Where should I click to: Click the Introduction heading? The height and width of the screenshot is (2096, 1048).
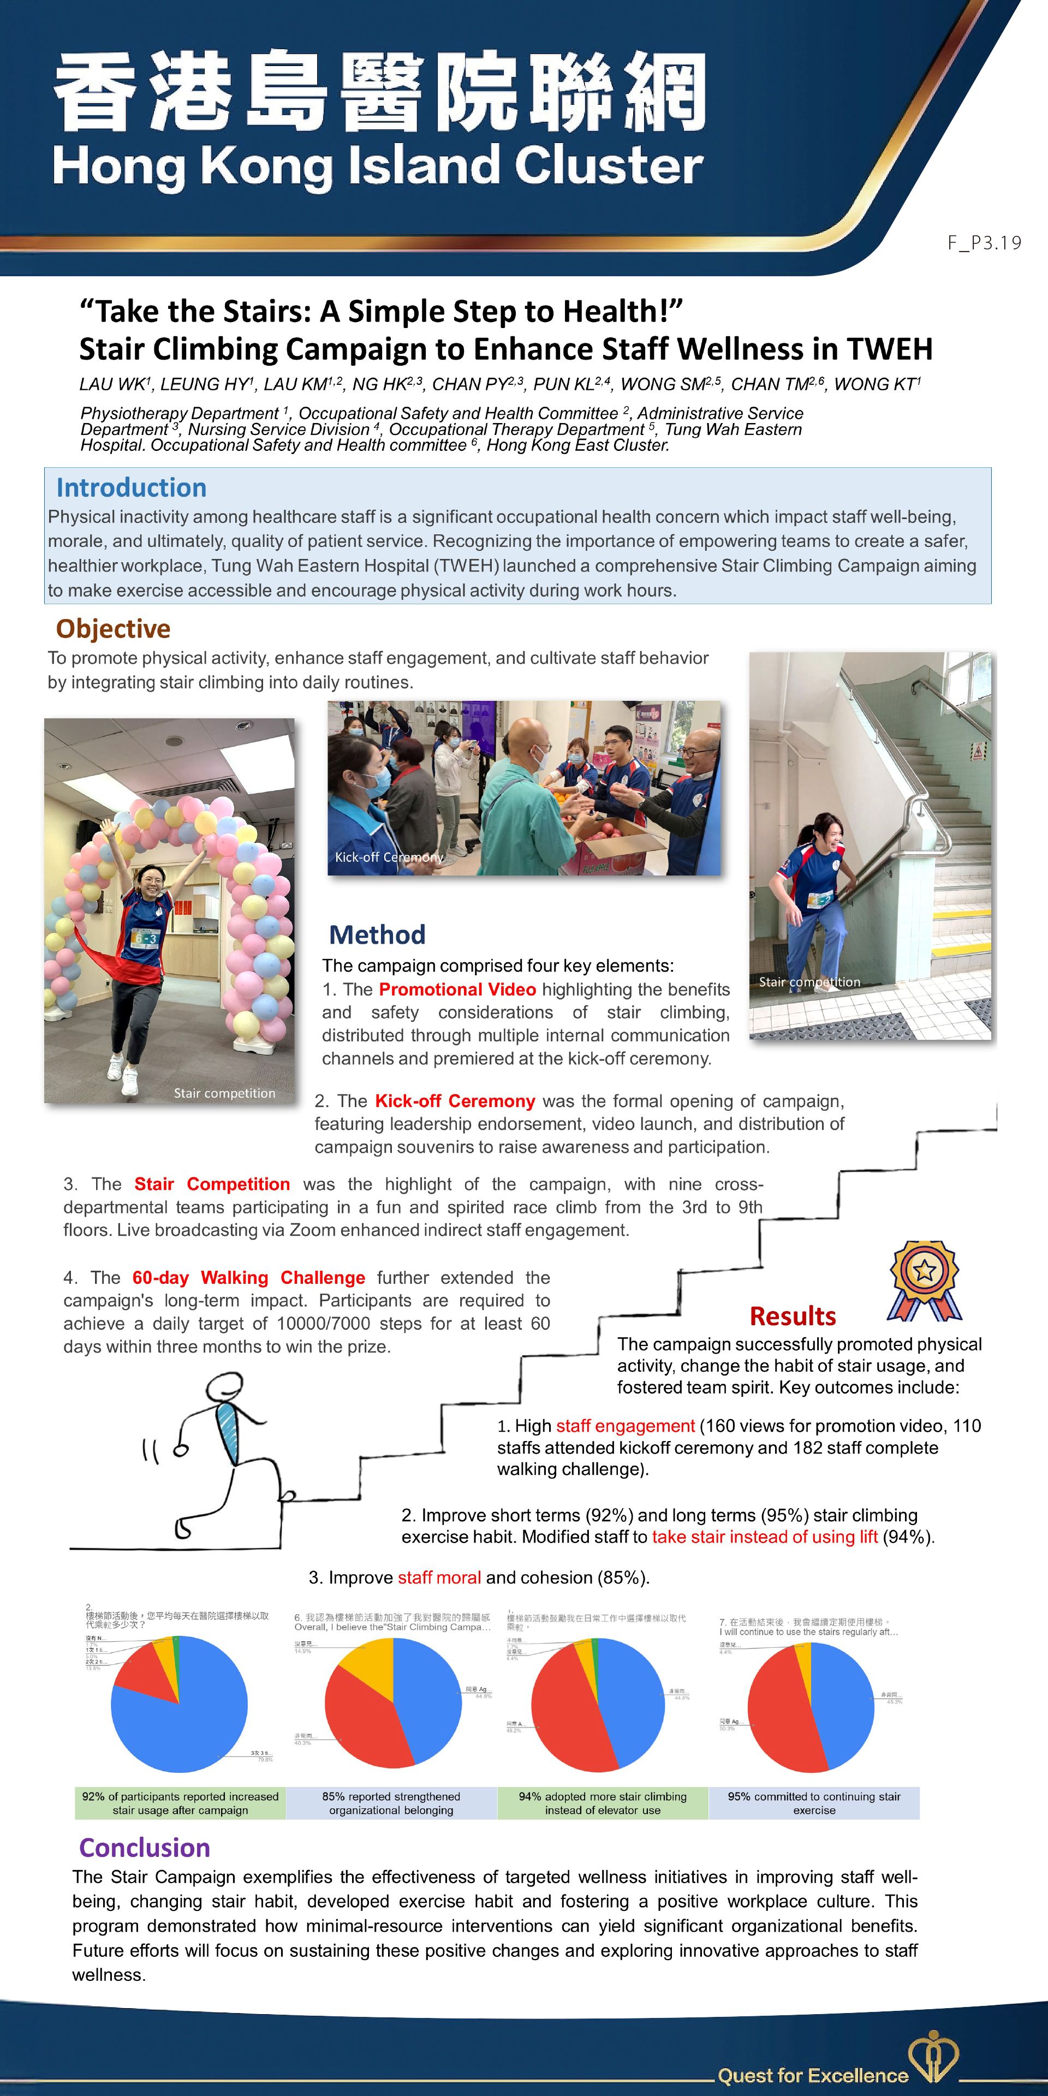pyautogui.click(x=131, y=487)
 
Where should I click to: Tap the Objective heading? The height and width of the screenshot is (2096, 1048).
pyautogui.click(x=113, y=628)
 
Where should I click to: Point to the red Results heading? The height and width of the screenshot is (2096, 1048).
pyautogui.click(x=793, y=1315)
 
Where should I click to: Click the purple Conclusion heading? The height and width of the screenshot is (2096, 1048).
pyautogui.click(x=145, y=1847)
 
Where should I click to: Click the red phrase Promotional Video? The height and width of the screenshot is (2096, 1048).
pyautogui.click(x=457, y=990)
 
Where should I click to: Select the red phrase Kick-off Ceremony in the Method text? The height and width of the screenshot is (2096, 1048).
pyautogui.click(x=455, y=1101)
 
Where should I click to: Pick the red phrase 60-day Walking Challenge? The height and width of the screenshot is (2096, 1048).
pyautogui.click(x=249, y=1277)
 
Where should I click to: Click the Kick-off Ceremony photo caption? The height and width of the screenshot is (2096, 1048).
pyautogui.click(x=389, y=857)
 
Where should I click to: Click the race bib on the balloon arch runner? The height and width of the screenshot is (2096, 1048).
pyautogui.click(x=146, y=938)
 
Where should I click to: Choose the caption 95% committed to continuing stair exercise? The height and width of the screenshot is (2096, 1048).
pyautogui.click(x=814, y=1803)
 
